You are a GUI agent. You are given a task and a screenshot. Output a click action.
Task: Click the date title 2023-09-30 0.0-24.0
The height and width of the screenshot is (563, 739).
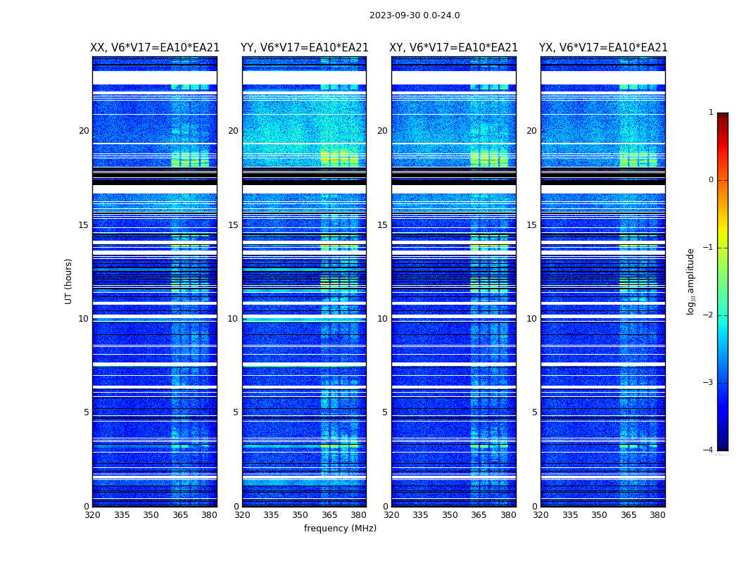point(415,15)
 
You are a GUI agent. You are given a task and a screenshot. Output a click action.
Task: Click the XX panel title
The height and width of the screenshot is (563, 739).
point(155,48)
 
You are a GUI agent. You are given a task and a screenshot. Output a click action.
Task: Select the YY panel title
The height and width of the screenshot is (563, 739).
point(304,48)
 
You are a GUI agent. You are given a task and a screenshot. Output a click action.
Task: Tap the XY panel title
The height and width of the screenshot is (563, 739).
point(453,48)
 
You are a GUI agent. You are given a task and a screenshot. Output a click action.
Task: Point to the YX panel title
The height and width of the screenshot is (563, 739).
point(603,48)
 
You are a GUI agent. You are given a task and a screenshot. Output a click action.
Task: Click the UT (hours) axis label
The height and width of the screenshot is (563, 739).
point(69,281)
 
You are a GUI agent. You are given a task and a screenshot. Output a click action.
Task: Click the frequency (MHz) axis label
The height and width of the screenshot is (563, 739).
point(340,529)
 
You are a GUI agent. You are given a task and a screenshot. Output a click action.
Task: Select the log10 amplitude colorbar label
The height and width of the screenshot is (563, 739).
point(691,281)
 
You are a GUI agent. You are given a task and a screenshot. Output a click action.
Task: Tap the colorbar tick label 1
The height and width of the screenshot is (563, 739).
point(711,113)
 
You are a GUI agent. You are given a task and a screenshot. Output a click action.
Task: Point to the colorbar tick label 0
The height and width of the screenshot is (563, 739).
point(711,180)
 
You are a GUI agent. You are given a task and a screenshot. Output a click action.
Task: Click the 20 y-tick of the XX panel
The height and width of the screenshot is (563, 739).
point(84,131)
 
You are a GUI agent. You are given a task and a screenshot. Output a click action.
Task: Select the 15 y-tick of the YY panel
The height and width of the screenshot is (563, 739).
point(233,225)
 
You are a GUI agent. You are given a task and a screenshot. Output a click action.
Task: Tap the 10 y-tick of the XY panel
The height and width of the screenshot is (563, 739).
point(382,319)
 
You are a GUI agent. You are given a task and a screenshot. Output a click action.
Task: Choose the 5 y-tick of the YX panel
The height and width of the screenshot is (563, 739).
point(535,412)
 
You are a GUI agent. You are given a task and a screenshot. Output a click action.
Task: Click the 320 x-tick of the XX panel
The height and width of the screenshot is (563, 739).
point(92,515)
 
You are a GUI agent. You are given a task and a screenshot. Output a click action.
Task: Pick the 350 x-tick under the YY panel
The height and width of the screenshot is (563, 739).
point(301,515)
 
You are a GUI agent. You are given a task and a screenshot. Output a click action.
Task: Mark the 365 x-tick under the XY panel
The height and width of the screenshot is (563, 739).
point(479,515)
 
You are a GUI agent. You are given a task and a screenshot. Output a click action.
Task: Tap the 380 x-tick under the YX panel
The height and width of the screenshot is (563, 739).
point(657,515)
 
